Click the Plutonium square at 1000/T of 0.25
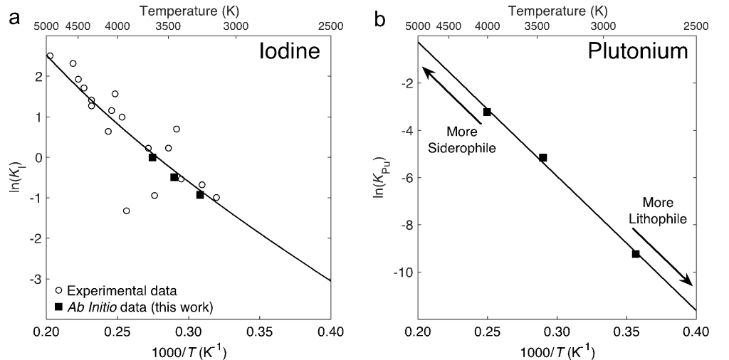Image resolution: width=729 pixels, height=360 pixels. (487, 112)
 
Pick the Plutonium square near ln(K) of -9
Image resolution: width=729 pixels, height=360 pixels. (636, 254)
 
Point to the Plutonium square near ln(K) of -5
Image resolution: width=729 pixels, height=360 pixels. (542, 157)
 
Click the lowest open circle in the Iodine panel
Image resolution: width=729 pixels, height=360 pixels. (126, 211)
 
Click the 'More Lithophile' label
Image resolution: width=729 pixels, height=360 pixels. (659, 211)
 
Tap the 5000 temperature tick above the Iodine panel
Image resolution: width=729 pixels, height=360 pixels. (46, 26)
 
